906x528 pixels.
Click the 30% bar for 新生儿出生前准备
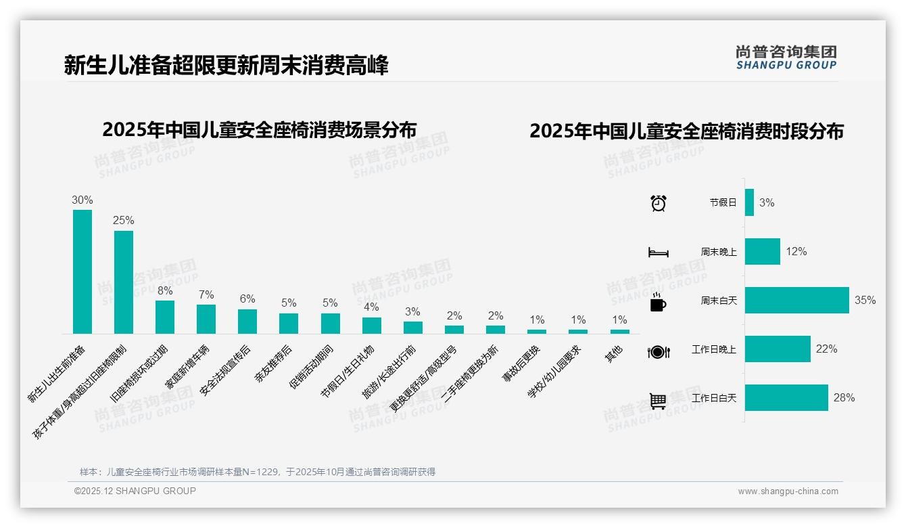pyautogui.click(x=82, y=271)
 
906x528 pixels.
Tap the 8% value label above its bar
pyautogui.click(x=165, y=291)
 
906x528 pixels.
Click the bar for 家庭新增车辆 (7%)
pyautogui.click(x=206, y=319)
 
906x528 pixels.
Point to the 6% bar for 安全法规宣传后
pyautogui.click(x=247, y=322)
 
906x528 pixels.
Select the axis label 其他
pyautogui.click(x=615, y=354)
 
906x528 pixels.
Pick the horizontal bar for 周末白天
pyautogui.click(x=796, y=300)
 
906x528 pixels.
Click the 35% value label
pyautogui.click(x=865, y=300)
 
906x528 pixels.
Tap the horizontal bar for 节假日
pyautogui.click(x=749, y=202)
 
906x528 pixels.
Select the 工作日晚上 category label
pyautogui.click(x=713, y=349)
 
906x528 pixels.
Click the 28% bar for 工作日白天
pyautogui.click(x=786, y=397)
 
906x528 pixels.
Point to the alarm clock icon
pyautogui.click(x=658, y=202)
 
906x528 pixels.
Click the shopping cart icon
pyautogui.click(x=658, y=401)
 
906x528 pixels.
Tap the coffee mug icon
pyautogui.click(x=658, y=303)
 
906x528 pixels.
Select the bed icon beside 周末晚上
pyautogui.click(x=658, y=252)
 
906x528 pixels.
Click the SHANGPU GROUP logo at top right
pyautogui.click(x=786, y=58)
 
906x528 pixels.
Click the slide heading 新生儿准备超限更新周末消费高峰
pyautogui.click(x=226, y=66)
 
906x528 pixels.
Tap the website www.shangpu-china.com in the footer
pyautogui.click(x=788, y=491)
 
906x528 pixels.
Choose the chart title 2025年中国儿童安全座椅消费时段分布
pyautogui.click(x=686, y=131)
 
